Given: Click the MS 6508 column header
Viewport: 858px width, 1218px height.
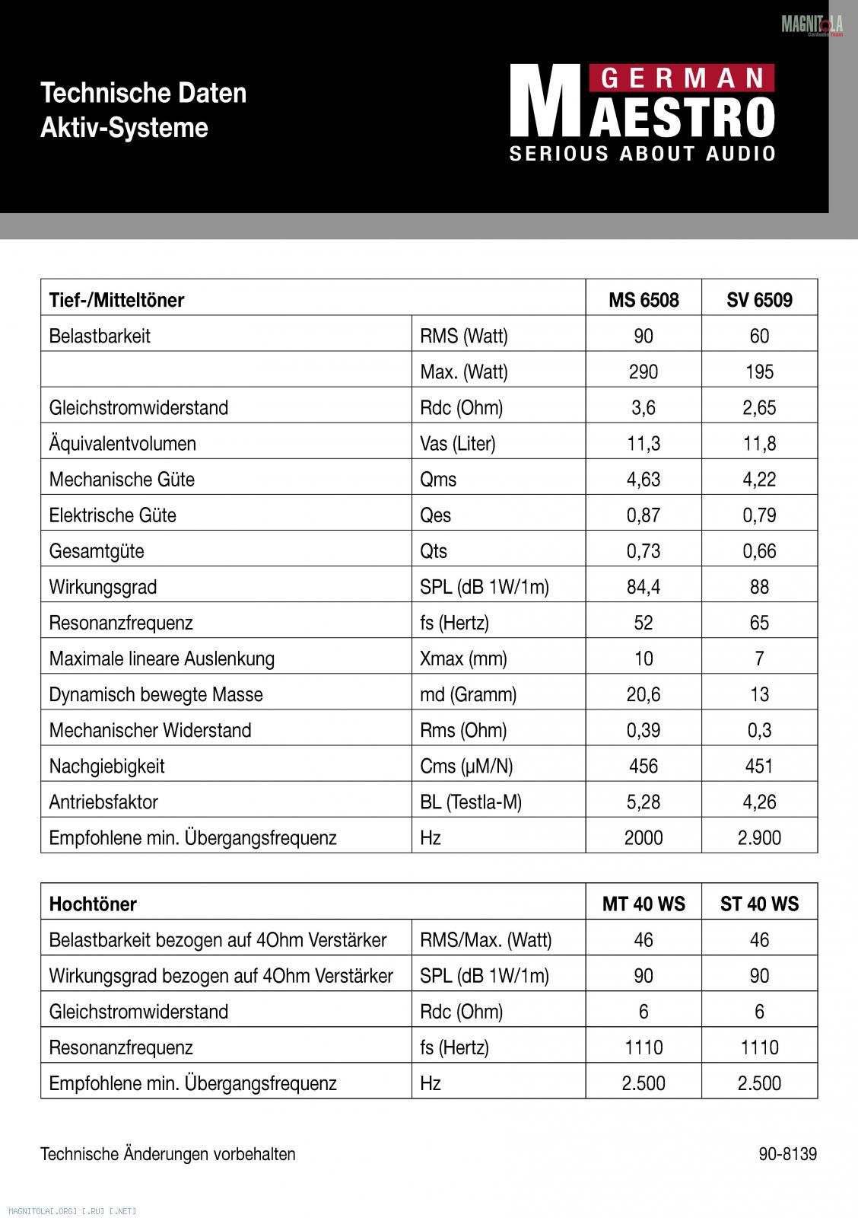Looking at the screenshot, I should click(x=643, y=300).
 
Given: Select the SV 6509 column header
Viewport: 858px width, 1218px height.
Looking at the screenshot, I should click(x=759, y=300).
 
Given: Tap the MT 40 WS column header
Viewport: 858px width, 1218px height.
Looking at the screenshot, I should click(x=643, y=904).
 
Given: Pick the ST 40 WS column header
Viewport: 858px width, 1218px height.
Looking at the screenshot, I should click(x=759, y=904).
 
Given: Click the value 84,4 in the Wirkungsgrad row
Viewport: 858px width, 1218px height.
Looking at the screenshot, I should click(x=643, y=587).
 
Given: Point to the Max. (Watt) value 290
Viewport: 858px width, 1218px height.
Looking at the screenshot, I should click(x=643, y=371).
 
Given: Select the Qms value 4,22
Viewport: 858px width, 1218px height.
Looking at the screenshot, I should click(x=759, y=480).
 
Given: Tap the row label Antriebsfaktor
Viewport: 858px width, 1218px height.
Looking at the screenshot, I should click(x=103, y=802).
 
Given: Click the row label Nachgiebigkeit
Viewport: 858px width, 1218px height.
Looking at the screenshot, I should click(x=106, y=766).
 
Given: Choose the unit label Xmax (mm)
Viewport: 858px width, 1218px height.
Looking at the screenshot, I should click(x=463, y=658).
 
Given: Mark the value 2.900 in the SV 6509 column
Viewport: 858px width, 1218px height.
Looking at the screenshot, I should click(x=759, y=837).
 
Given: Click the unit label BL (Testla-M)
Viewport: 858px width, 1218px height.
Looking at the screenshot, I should click(x=471, y=802).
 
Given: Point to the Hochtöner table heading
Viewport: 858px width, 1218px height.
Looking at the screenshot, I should click(x=93, y=904).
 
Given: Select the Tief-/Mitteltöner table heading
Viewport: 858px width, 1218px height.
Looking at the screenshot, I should click(x=116, y=300).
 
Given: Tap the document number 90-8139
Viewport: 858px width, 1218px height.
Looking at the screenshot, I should click(x=787, y=1154).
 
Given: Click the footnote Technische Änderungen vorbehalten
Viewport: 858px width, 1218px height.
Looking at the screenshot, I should click(x=167, y=1154).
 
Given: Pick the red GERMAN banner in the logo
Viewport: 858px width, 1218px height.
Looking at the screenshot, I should click(x=682, y=78).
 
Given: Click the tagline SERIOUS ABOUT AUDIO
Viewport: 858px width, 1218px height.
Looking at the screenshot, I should click(x=643, y=154).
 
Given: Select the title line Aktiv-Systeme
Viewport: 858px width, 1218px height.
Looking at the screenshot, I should click(x=124, y=127).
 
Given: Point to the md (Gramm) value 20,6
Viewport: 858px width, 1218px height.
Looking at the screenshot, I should click(x=643, y=694).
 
